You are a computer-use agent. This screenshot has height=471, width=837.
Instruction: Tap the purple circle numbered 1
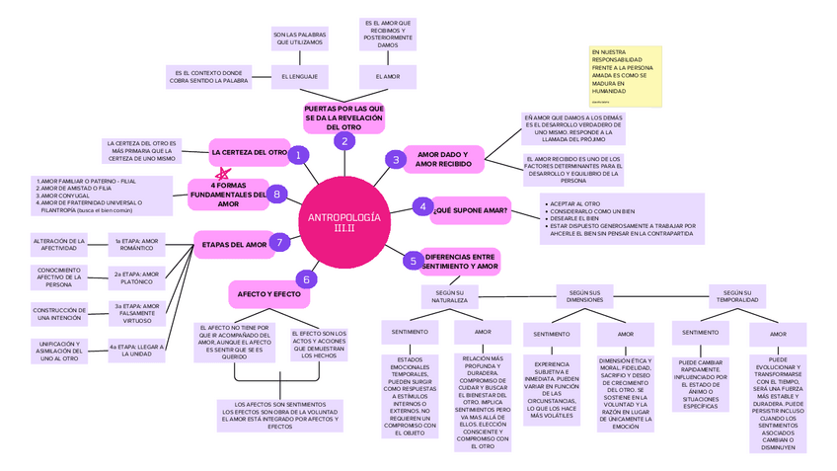(x=297, y=154)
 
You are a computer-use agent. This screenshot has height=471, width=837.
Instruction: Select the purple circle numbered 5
(x=412, y=261)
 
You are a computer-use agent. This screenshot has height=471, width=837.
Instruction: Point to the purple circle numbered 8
(x=278, y=195)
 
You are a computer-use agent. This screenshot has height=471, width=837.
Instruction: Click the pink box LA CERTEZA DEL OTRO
(x=249, y=153)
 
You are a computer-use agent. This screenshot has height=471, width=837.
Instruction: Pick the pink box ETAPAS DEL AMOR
(x=230, y=243)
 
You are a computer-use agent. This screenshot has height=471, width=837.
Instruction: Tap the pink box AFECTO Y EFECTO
(x=266, y=294)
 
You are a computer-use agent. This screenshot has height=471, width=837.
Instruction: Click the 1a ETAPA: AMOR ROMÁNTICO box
(x=136, y=244)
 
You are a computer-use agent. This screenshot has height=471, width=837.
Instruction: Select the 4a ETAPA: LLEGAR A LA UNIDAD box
(x=136, y=351)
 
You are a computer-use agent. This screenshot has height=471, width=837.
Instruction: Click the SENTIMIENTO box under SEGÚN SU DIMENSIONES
(x=552, y=335)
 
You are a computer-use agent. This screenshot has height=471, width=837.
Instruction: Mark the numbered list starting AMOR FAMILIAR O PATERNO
(x=90, y=196)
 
